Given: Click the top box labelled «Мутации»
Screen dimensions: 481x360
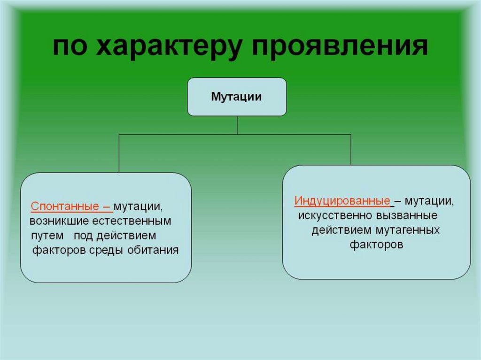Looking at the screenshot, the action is (237, 97).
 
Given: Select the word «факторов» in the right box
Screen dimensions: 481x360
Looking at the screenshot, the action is (376, 245).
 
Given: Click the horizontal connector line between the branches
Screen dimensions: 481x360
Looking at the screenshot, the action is (188, 135).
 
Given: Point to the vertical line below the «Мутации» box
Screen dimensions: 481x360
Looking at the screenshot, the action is (237, 125).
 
